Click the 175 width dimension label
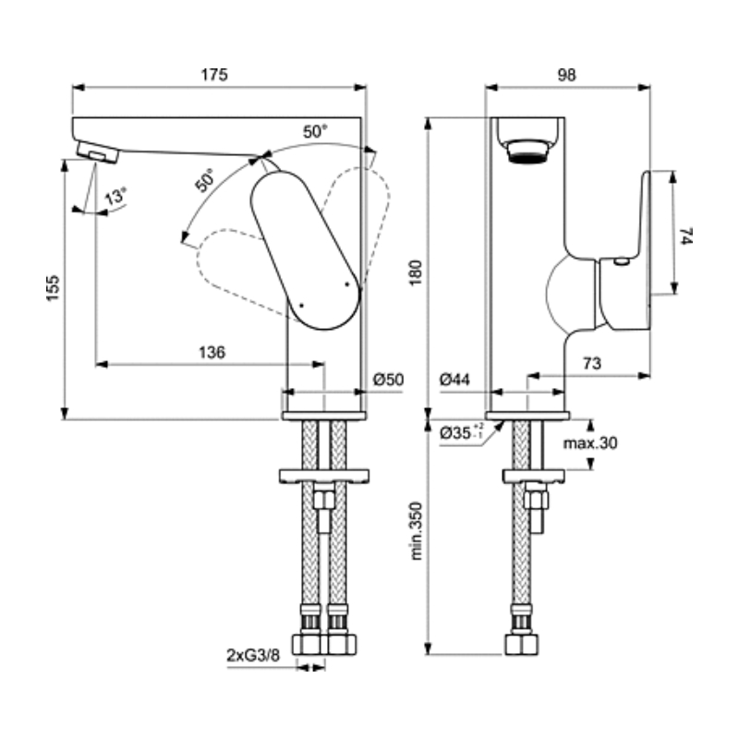[x=214, y=75]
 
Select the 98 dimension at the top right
[x=566, y=75]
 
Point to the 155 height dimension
[x=54, y=288]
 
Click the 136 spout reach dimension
[x=212, y=352]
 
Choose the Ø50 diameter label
[x=388, y=380]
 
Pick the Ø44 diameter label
[x=454, y=380]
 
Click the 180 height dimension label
[x=416, y=272]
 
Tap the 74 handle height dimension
[x=685, y=236]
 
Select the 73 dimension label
[x=592, y=363]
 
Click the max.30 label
[x=590, y=443]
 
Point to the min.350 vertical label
[x=416, y=530]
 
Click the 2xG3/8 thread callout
[x=253, y=655]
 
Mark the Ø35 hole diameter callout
[x=461, y=431]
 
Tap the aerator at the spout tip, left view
[x=98, y=151]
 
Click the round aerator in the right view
[x=527, y=151]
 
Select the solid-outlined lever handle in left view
[x=306, y=249]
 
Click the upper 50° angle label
[x=315, y=131]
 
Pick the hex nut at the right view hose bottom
[x=521, y=644]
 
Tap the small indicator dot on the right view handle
[x=622, y=261]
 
